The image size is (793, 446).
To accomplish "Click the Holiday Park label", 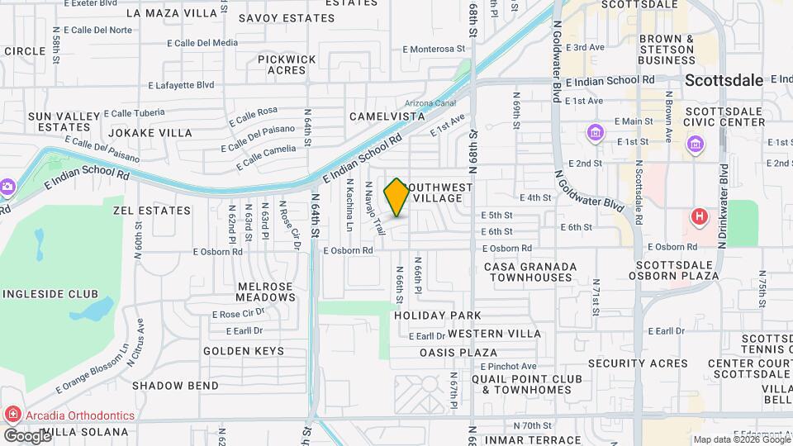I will tap(437, 316).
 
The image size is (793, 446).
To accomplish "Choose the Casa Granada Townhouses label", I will tap(530, 272).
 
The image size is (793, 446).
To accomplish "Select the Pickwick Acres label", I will tap(287, 64).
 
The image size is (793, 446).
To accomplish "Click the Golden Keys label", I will tap(244, 351).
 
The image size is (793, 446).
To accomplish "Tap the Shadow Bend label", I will tap(175, 386).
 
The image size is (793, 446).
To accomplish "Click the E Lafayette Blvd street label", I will tap(181, 85).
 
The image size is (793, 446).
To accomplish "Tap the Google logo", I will tap(26, 434).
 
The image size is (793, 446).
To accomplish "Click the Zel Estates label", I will tap(152, 211).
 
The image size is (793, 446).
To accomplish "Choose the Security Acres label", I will tap(638, 363).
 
